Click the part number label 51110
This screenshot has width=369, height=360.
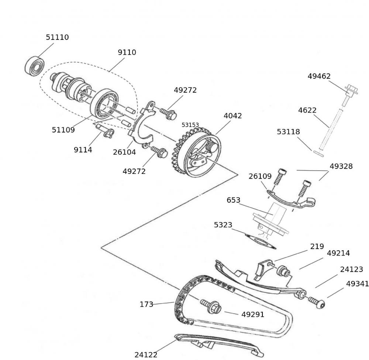57,37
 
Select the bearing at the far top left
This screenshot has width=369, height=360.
34,66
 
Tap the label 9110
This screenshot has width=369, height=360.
127,52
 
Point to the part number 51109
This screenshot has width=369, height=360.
63,130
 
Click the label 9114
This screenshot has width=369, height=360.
83,150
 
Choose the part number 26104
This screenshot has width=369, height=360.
124,152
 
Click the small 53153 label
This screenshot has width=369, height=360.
190,125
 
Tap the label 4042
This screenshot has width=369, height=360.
233,116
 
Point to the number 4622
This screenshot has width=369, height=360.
307,110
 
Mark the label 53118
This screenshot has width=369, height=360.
289,132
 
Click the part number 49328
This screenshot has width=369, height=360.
341,166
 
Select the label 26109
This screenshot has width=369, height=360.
260,176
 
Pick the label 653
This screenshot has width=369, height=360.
234,200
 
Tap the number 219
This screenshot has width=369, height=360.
317,246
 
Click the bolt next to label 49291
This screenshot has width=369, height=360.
211,306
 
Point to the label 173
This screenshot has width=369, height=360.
146,305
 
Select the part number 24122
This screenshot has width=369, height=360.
146,355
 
